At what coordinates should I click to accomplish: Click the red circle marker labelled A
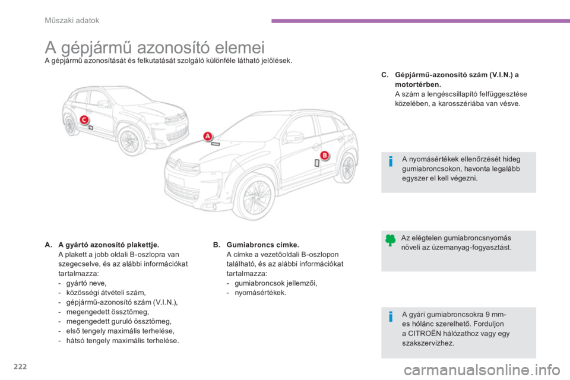208,137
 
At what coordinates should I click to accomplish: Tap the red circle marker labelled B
325,156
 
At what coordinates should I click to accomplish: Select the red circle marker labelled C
84,119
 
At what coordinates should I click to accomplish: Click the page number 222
20,366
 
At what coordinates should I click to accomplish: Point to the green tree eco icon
391,240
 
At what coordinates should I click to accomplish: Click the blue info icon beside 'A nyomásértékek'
391,161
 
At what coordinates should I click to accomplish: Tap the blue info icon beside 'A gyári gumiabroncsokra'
391,316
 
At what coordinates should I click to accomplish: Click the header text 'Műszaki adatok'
72,20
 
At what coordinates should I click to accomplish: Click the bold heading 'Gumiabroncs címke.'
263,245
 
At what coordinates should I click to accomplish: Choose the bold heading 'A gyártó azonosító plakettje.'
109,245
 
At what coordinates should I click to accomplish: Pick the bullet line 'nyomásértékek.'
261,292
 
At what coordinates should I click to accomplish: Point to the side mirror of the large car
293,137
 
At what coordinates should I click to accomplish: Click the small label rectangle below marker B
317,163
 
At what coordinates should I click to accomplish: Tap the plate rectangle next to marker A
216,144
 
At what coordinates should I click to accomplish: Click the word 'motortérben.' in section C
418,84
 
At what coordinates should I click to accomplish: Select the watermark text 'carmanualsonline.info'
482,370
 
